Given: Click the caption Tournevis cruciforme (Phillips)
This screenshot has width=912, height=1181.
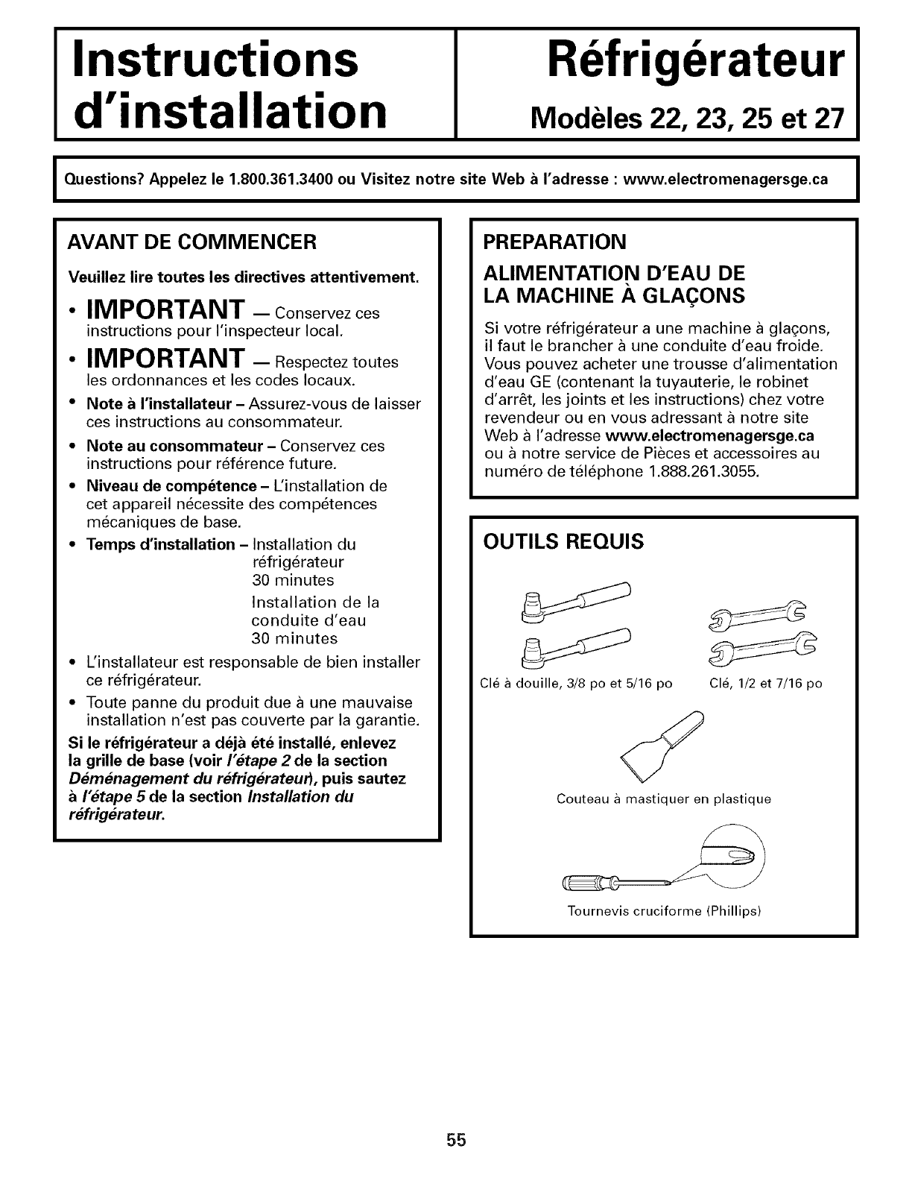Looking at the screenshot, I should tap(664, 911).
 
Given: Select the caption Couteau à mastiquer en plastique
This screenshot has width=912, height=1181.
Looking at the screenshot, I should tap(664, 799).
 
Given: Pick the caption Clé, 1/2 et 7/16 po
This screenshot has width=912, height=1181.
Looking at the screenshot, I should tap(764, 683).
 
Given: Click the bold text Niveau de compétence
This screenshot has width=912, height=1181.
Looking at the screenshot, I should tap(149, 486).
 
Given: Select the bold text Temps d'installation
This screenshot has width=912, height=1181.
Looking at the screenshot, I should tap(161, 544).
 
